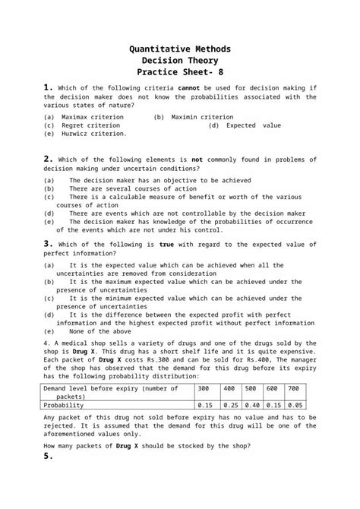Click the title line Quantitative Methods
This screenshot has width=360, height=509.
pyautogui.click(x=180, y=49)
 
